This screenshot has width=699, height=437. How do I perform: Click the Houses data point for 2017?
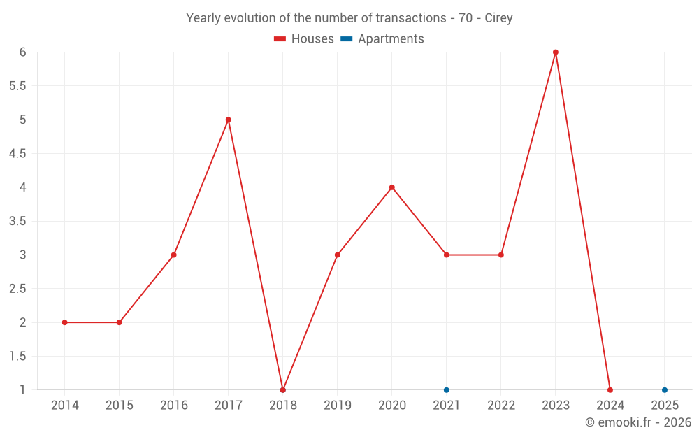[x=229, y=120]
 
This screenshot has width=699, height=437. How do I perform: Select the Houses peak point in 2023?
[x=556, y=52]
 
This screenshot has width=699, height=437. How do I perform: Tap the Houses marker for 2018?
[x=283, y=389]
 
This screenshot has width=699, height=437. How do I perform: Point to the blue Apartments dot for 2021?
[x=447, y=389]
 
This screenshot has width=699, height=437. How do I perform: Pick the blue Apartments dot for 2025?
[x=665, y=389]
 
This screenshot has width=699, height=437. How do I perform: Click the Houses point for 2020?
[x=392, y=187]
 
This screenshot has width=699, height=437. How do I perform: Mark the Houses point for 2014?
[x=65, y=322]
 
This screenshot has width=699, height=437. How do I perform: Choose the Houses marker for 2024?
[x=610, y=389]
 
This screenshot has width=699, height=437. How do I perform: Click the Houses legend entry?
[x=304, y=39]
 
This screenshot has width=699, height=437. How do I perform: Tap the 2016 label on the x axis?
[x=174, y=406]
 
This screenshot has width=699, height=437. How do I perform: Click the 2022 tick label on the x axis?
[x=501, y=406]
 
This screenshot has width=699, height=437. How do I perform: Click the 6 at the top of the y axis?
[x=23, y=52]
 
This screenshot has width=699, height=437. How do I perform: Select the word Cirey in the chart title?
[x=498, y=18]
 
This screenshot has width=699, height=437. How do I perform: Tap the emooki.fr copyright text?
[x=638, y=422]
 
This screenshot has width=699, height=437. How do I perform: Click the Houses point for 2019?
[x=338, y=255]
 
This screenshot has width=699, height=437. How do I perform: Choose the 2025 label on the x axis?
[x=665, y=406]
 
